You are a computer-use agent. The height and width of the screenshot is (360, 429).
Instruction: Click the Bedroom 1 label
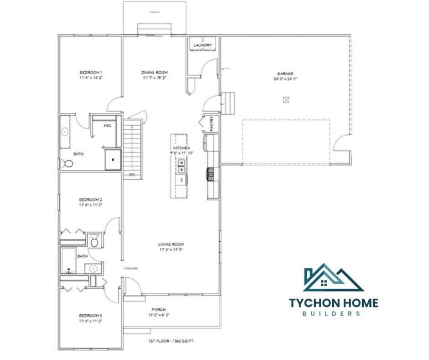click(x=90, y=72)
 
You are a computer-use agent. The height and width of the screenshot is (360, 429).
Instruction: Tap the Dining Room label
click(x=154, y=72)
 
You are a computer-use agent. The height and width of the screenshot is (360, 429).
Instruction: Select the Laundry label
click(x=202, y=45)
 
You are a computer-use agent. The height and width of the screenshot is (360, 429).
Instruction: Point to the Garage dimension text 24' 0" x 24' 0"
click(x=285, y=79)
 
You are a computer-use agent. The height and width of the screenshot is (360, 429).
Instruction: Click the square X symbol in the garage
click(x=286, y=100)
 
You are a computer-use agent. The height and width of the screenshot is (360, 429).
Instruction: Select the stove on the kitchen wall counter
click(x=211, y=175)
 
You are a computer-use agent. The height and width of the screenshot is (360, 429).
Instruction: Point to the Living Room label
click(x=171, y=244)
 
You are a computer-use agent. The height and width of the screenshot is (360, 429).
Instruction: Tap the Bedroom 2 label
click(x=90, y=200)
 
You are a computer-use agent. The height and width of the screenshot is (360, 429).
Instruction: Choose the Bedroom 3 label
click(x=90, y=316)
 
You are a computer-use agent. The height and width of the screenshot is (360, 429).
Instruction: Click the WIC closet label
click(x=107, y=125)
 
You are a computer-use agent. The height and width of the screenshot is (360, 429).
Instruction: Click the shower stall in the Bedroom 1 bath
click(x=113, y=159)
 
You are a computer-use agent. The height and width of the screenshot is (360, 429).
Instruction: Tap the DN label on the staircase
click(x=131, y=175)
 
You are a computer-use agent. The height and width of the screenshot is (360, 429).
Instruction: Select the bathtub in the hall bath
click(x=69, y=260)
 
